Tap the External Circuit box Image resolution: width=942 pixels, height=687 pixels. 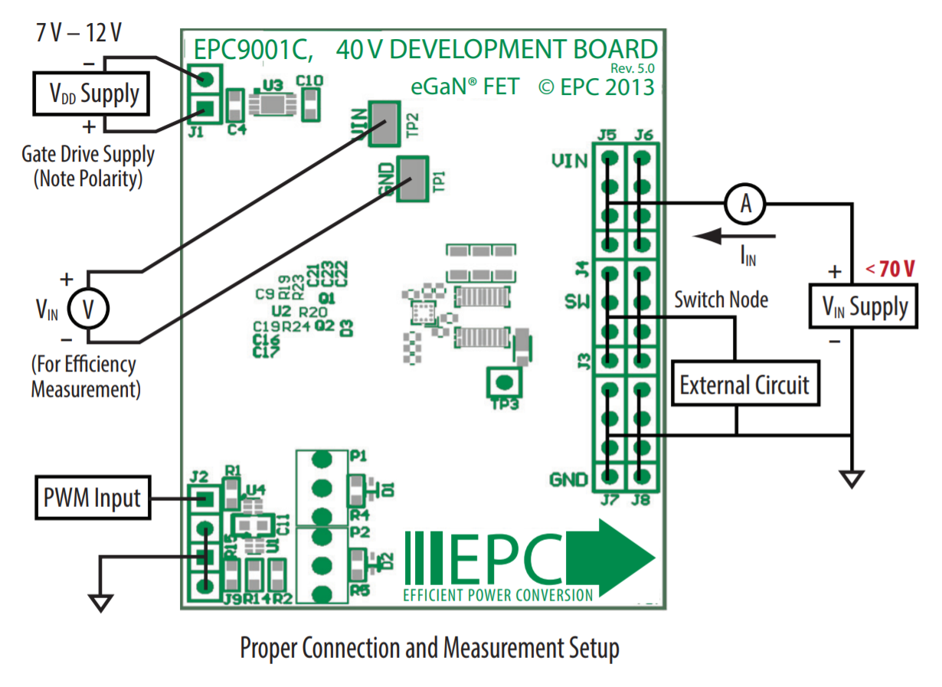coord(744,384)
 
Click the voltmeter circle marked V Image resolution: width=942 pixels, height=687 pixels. coord(89,309)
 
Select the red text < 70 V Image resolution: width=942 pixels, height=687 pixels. coord(891,269)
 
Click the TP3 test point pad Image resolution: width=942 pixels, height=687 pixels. coord(502,381)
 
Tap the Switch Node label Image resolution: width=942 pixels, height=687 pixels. coord(721,299)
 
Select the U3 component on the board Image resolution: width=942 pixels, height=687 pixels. coord(271,103)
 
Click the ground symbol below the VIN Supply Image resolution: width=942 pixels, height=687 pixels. coord(851,479)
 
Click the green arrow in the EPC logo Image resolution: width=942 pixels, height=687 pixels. coord(620,557)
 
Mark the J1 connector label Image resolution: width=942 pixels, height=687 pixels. coord(196,132)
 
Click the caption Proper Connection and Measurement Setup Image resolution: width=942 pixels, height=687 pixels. coord(429,649)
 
